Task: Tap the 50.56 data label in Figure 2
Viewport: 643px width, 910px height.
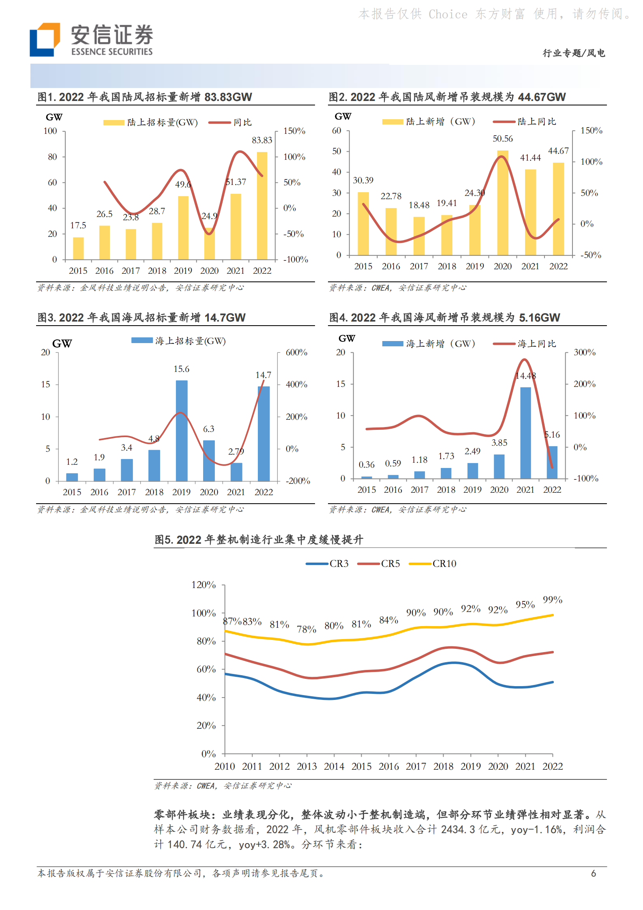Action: [x=502, y=139]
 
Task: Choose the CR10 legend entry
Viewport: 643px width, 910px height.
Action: [x=433, y=564]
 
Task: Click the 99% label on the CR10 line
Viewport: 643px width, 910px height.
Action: [x=552, y=600]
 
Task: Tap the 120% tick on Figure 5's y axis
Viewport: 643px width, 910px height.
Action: [x=204, y=585]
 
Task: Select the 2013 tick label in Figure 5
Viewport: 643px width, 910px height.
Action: [x=306, y=766]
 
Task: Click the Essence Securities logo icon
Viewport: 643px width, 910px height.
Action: [x=45, y=39]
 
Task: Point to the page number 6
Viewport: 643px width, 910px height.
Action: [x=593, y=874]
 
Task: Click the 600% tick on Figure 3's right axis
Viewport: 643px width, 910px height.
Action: [x=296, y=352]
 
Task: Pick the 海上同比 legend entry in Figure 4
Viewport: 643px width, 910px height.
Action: [x=525, y=344]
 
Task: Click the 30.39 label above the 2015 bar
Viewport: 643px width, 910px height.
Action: [x=363, y=180]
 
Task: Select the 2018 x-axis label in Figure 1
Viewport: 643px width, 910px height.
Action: [x=157, y=271]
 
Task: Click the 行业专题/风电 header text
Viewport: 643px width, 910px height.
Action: [x=574, y=53]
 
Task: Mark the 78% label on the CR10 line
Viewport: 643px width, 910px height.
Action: [x=306, y=629]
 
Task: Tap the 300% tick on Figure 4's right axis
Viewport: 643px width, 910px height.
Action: [x=584, y=352]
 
